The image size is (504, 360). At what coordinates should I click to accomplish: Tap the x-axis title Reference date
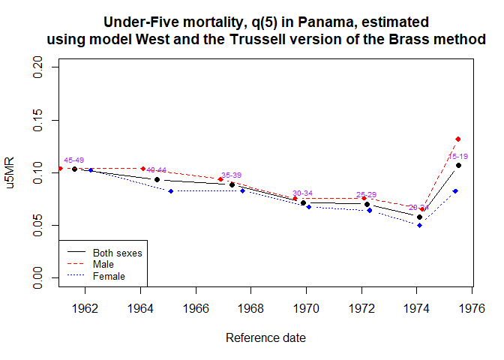265,338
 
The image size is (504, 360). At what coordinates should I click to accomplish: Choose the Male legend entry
103,265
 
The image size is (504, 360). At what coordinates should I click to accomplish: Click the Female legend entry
109,276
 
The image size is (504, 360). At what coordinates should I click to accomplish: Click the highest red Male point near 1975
457,139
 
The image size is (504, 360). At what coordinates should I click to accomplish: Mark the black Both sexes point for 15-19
458,165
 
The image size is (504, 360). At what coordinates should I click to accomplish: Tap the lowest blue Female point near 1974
419,225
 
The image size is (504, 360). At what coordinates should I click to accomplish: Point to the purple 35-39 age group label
231,175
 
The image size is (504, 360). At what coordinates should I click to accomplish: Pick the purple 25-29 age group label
366,194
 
